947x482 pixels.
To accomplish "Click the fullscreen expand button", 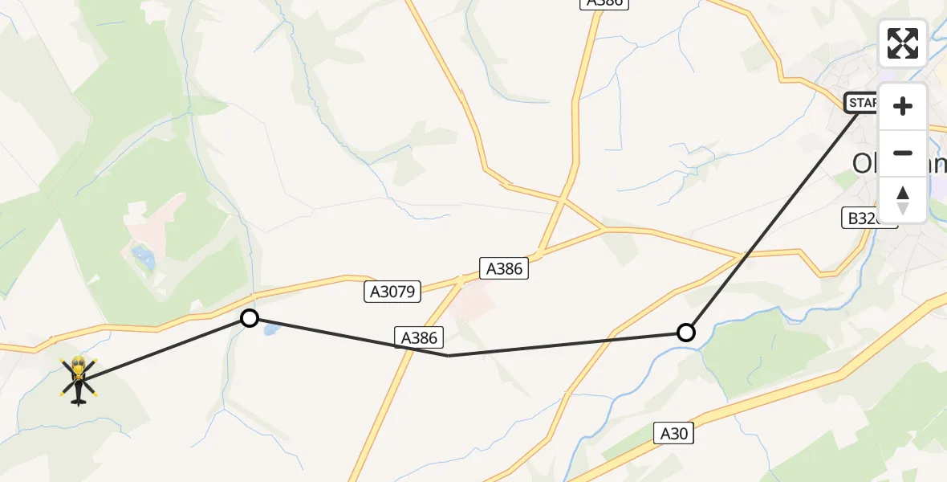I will [x=903, y=43].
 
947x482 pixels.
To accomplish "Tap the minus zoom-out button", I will [x=903, y=153].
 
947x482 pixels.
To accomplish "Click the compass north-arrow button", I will [x=903, y=199].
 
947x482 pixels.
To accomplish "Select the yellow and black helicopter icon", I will [x=78, y=379].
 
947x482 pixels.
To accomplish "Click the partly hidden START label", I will [x=861, y=103].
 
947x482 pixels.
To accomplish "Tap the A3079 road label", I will [x=392, y=292].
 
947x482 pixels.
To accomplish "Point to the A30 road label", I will [x=673, y=434].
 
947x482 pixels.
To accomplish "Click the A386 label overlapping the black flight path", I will [x=418, y=337].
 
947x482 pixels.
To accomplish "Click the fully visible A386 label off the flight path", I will [x=504, y=268].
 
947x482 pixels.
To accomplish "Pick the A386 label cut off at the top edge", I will [x=604, y=3].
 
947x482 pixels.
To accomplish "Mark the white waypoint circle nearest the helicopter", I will [x=250, y=318].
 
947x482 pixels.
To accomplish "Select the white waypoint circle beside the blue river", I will [x=686, y=332].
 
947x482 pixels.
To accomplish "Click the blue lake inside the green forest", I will [x=144, y=258].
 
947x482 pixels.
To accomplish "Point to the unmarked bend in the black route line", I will [x=449, y=355].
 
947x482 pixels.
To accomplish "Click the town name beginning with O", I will [x=883, y=163].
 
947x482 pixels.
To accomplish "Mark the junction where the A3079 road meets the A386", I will [x=460, y=281].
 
